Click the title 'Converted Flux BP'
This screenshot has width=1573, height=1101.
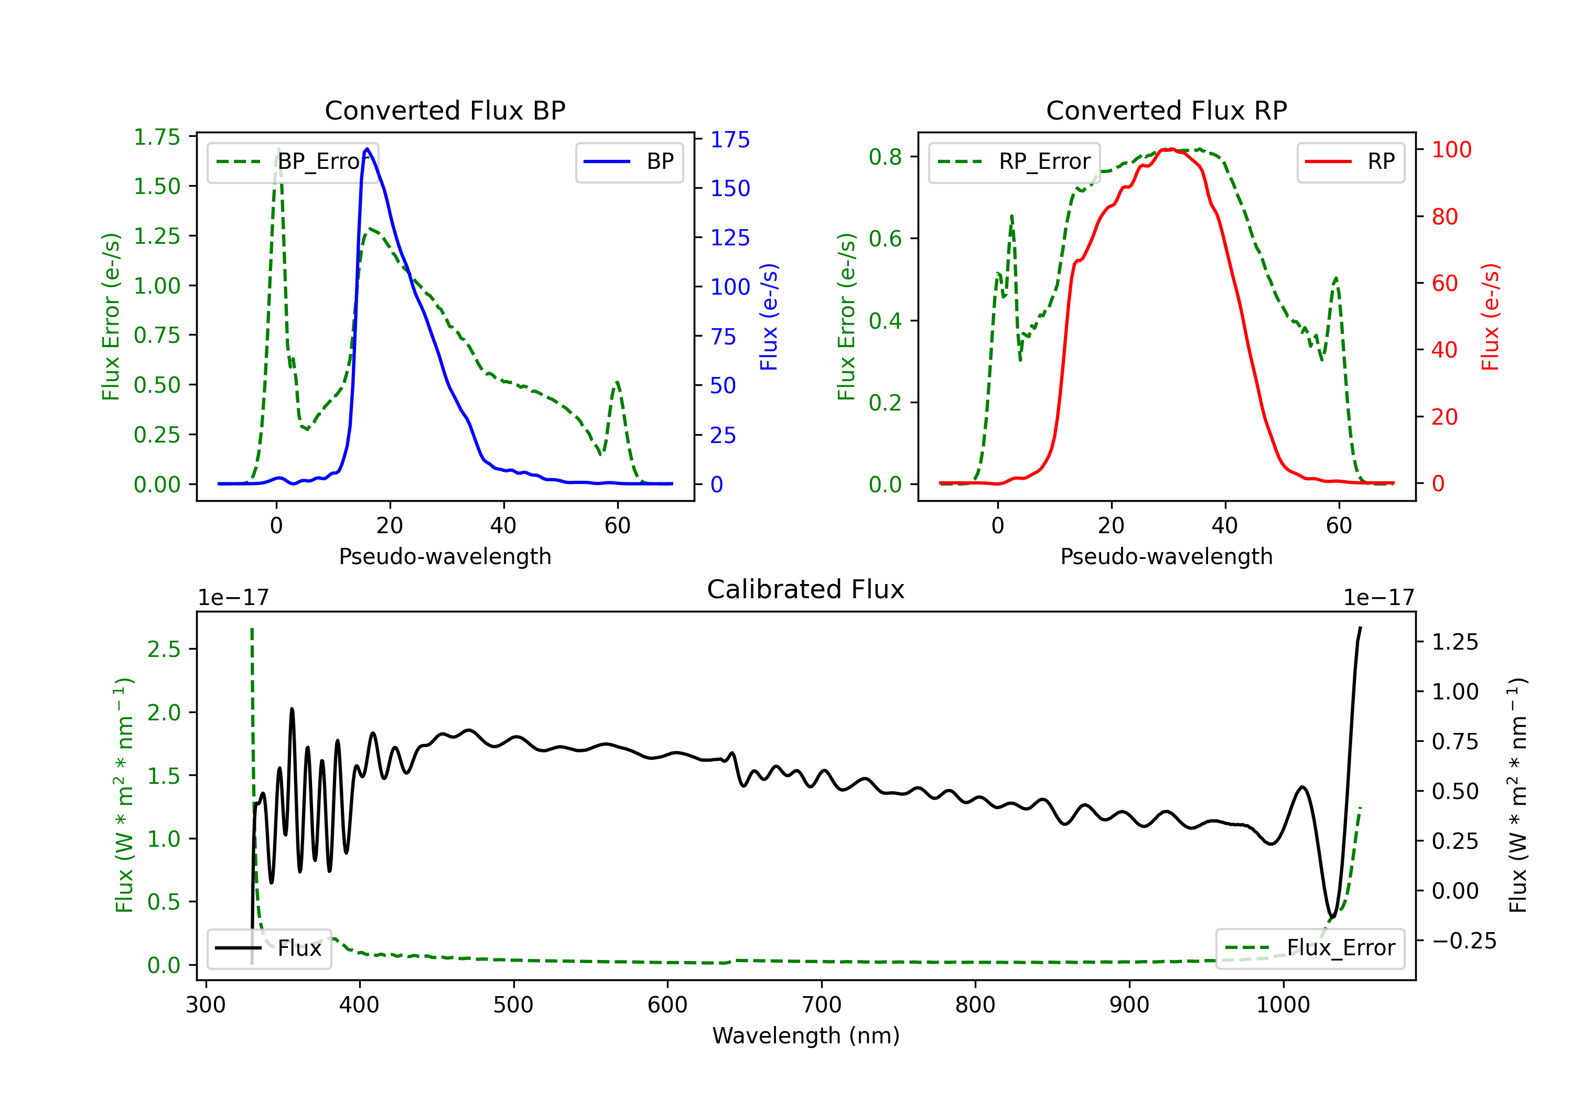[445, 110]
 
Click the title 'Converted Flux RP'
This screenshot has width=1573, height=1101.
[1166, 110]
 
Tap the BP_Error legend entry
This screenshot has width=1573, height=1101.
[293, 161]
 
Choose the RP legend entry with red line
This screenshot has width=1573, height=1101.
[1350, 161]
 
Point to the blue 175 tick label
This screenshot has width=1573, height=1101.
[730, 140]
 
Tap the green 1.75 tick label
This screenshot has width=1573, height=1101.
[157, 137]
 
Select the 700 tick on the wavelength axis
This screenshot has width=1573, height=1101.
[822, 1005]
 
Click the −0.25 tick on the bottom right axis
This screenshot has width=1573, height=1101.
[1463, 941]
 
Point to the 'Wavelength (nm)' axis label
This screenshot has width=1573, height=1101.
[806, 1035]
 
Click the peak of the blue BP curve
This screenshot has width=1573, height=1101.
[367, 149]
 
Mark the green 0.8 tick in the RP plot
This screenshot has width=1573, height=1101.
[885, 157]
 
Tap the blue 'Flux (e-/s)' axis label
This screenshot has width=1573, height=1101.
[769, 317]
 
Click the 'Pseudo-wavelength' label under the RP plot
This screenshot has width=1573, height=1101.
[1166, 556]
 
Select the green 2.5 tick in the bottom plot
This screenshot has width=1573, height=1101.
[164, 649]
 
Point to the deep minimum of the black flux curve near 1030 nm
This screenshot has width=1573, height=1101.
[1332, 916]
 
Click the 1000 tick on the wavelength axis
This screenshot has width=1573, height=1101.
[1283, 1005]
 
